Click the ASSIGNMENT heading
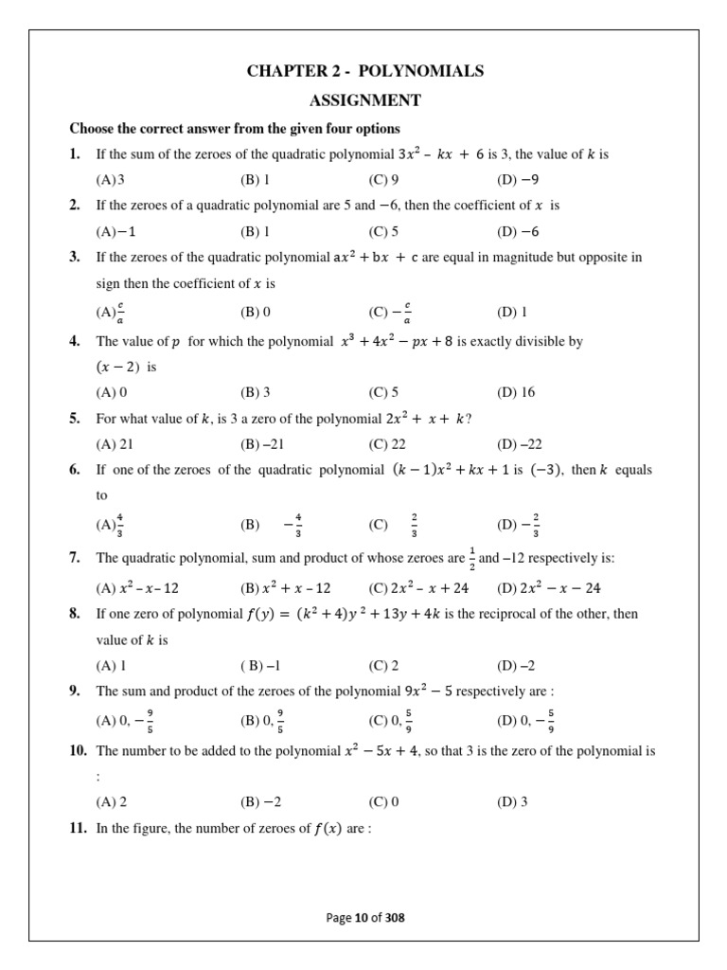[364, 100]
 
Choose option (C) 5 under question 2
[383, 230]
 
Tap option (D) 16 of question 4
[515, 390]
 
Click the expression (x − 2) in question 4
[119, 366]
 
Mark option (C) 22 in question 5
[385, 442]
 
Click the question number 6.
[75, 470]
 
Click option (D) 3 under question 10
[512, 801]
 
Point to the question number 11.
[77, 829]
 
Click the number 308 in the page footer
[397, 917]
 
